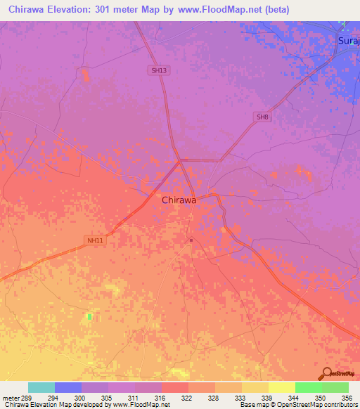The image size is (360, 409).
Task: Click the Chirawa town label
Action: point(179,200)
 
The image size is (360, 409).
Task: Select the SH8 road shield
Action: point(262,117)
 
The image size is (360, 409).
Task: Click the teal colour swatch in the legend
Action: point(41,387)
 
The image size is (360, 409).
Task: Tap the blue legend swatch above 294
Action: point(68,387)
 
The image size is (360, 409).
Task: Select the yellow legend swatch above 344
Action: point(281,387)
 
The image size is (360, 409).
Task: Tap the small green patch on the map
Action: point(89,318)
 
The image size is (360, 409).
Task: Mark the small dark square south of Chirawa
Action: point(191,240)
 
